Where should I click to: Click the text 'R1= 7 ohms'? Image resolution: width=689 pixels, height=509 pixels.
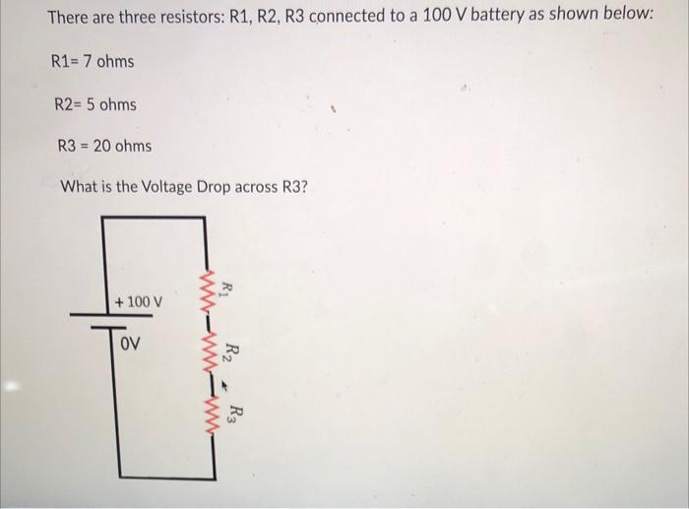click(x=92, y=62)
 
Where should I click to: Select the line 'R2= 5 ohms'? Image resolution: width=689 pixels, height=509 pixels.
click(x=95, y=104)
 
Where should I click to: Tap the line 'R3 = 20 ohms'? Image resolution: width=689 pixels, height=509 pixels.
click(x=104, y=146)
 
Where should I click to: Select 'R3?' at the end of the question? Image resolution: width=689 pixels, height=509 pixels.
click(x=291, y=187)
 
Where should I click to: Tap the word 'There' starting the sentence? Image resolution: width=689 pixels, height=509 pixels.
click(x=70, y=19)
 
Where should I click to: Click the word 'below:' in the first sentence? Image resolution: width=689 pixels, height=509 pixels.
click(x=630, y=19)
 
